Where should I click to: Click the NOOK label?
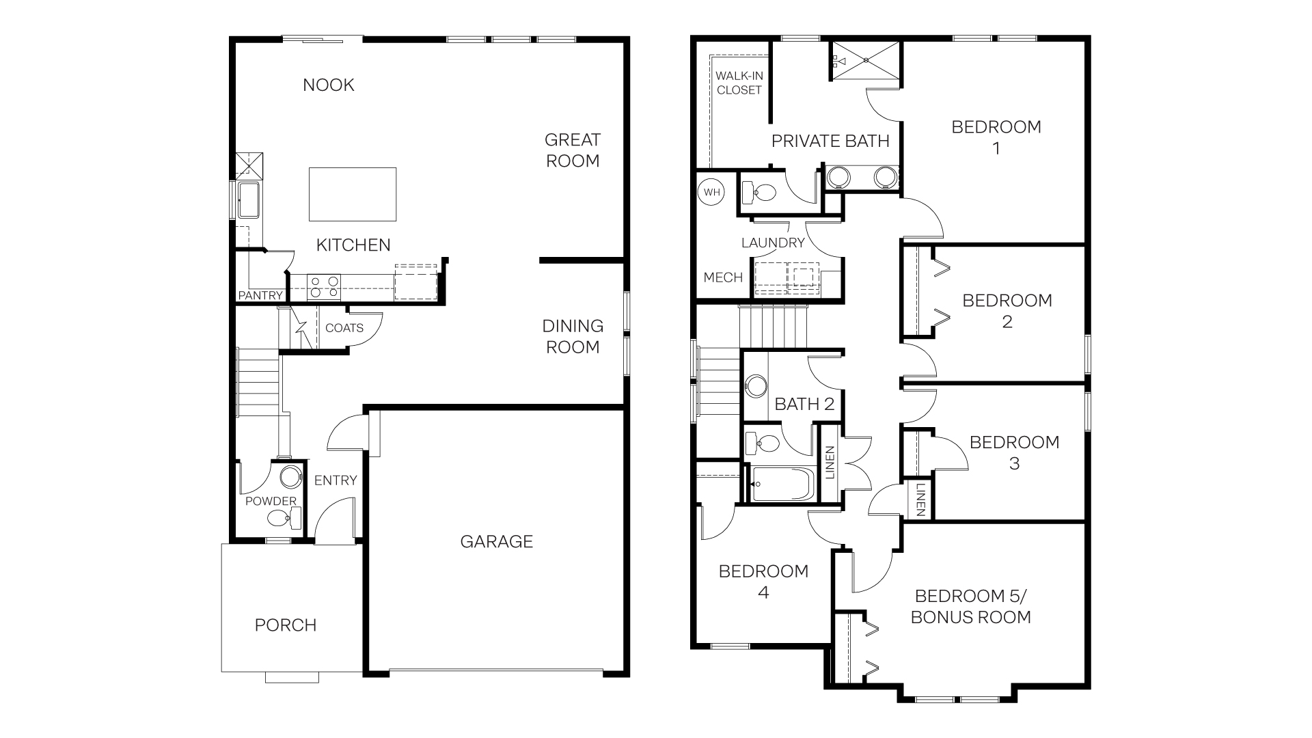click(x=329, y=85)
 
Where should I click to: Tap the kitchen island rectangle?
click(x=353, y=194)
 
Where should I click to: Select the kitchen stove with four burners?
click(x=324, y=286)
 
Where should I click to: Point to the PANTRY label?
click(x=260, y=295)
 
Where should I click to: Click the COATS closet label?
click(x=344, y=328)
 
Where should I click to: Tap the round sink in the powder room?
click(x=291, y=476)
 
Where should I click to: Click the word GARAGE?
click(x=497, y=542)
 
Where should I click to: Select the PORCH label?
click(x=286, y=625)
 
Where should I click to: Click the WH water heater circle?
click(x=712, y=193)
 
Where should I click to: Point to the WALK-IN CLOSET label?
click(x=739, y=83)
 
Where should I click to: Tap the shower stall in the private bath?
click(x=866, y=60)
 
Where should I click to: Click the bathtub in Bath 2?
click(x=783, y=484)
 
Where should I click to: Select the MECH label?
click(x=723, y=277)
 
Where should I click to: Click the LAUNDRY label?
click(x=773, y=243)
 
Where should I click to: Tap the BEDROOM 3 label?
click(x=1014, y=452)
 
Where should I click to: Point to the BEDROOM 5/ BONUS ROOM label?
click(x=970, y=607)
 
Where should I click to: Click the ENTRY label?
click(x=336, y=480)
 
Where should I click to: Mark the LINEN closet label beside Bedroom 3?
click(x=920, y=499)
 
